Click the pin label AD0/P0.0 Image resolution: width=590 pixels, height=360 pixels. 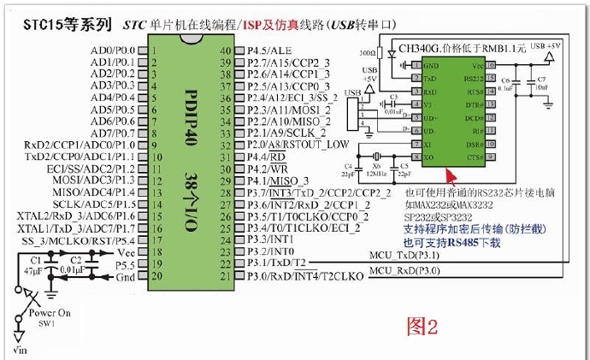(x=115, y=50)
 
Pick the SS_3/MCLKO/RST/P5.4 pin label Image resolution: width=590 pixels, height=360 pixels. (x=85, y=242)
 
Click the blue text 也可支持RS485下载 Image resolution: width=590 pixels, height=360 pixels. (x=453, y=244)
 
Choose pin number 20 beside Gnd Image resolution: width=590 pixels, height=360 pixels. (x=156, y=277)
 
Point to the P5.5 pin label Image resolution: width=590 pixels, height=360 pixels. (x=125, y=265)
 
